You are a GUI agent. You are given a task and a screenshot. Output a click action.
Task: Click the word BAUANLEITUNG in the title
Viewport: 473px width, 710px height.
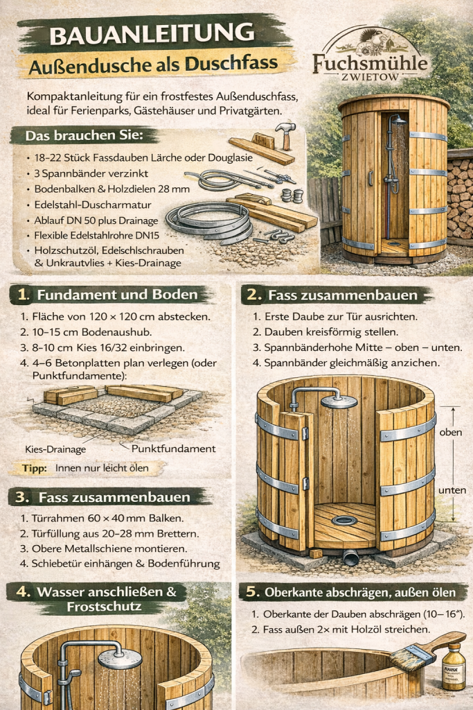(152, 35)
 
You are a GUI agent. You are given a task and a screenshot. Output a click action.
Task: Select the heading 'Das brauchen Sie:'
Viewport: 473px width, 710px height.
(84, 136)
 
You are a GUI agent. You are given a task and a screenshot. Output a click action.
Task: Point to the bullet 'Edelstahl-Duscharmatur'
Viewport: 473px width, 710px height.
(93, 205)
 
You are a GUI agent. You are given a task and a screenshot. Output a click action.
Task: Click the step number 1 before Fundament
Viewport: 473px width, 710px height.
(24, 295)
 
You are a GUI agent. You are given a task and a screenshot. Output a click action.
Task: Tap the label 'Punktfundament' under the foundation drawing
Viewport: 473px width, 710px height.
(173, 449)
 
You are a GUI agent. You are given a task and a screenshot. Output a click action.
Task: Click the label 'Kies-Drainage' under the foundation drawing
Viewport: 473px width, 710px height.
(55, 449)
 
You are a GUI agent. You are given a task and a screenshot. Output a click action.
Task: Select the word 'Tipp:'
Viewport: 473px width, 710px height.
(35, 468)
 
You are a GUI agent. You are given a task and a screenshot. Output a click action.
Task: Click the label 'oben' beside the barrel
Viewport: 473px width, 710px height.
(450, 432)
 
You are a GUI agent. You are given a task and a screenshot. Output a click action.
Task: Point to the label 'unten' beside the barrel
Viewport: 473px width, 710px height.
(452, 490)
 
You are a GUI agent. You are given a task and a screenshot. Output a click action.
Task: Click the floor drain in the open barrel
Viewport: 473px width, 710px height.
(345, 520)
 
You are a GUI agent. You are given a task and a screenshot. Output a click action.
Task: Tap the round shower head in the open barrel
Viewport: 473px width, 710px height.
(339, 401)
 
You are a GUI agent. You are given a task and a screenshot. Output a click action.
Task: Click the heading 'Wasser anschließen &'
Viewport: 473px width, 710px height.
(107, 592)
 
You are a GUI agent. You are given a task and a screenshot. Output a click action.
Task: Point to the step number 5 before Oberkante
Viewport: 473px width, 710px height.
(253, 592)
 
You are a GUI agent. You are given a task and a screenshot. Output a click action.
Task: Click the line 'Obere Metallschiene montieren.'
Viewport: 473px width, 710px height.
(109, 548)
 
